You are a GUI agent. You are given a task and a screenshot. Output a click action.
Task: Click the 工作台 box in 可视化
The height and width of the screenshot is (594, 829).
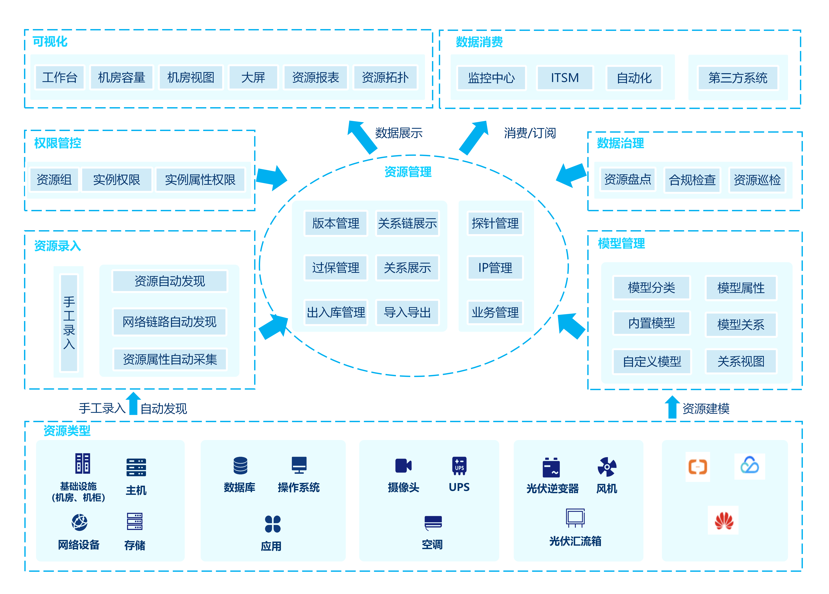[60, 77]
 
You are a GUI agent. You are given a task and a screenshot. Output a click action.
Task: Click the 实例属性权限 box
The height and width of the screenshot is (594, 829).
[200, 180]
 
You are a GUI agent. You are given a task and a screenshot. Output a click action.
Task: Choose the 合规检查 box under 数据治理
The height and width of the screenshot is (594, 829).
[692, 180]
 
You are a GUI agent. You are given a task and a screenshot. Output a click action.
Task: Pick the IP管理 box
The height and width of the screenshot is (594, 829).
[495, 268]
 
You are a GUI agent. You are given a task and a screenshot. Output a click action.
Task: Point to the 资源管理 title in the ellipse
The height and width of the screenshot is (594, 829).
[408, 172]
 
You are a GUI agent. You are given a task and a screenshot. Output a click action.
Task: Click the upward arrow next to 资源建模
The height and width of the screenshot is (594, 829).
[672, 407]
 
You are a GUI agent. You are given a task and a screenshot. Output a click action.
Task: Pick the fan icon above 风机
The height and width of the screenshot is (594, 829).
[607, 467]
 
